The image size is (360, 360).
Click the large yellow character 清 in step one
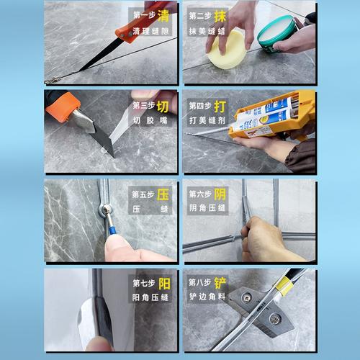pos(163,15)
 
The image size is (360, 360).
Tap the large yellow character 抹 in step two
pos(220,16)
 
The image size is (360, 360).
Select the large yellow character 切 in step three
pos(163,107)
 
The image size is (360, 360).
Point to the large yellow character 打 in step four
pos(220,107)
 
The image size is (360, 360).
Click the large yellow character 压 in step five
pos(163,194)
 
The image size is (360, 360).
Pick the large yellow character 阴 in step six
pos(220,194)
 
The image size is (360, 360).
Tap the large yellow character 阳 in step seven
pos(164,284)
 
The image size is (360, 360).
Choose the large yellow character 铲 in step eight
pos(220,283)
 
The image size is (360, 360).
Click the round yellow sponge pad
pos(226,50)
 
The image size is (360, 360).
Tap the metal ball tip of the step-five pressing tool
pos(105,210)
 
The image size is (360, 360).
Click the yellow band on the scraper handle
pos(284,286)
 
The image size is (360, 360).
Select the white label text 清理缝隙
pos(150,31)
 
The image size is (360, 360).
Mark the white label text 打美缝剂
pos(207,120)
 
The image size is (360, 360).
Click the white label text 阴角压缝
pos(207,208)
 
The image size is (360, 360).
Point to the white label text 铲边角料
pos(207,297)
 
